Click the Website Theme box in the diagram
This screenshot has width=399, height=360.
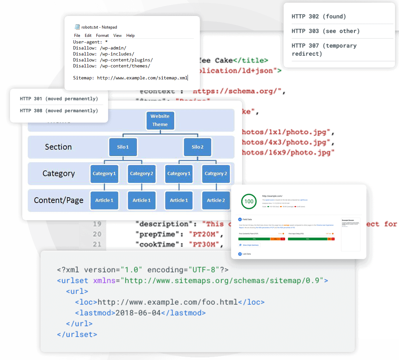pos(160,121)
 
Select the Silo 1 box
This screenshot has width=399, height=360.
pos(123,147)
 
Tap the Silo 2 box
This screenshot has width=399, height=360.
pos(198,147)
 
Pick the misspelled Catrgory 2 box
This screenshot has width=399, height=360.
pos(216,174)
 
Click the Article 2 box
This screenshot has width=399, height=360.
pos(216,200)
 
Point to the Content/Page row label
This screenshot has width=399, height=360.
pos(59,200)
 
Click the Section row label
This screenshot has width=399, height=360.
pos(58,147)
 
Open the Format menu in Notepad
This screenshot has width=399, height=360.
pos(102,36)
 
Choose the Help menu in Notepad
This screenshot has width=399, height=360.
pos(130,36)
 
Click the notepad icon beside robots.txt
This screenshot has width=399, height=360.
pos(77,27)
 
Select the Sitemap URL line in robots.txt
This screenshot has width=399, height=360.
pos(130,78)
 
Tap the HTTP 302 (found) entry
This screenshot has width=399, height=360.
pos(319,17)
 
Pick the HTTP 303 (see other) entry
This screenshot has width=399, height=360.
pos(326,31)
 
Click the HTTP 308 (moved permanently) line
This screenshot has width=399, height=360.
pos(59,111)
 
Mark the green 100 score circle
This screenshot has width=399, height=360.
pos(249,201)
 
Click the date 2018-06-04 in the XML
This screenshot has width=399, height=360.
pos(138,313)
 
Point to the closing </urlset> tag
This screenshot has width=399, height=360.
pos(77,334)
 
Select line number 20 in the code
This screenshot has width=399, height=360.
pos(97,234)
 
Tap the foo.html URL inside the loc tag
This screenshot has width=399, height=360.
pos(168,302)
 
